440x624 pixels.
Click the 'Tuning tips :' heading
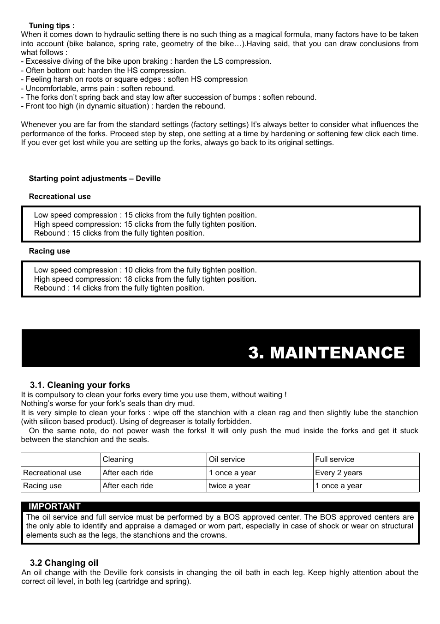pos(52,26)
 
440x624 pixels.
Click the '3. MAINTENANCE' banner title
pos(326,353)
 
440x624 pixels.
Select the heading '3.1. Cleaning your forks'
pos(80,385)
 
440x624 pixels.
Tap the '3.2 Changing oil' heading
pos(64,563)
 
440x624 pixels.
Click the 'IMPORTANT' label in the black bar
pos(54,507)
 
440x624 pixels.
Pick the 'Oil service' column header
pos(227,460)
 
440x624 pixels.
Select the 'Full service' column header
pos(334,460)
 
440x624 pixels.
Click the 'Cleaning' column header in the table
pos(118,460)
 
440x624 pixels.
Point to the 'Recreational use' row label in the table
pos(52,473)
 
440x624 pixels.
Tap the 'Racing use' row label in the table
pos(42,486)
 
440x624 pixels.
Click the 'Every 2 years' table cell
pos(339,473)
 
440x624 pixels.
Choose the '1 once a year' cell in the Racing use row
pos(339,486)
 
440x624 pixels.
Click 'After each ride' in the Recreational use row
pos(128,473)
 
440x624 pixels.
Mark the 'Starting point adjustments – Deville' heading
pos(95,179)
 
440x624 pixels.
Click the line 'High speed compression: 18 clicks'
pos(145,279)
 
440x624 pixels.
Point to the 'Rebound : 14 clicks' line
pos(119,288)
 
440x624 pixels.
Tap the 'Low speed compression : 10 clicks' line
pos(145,270)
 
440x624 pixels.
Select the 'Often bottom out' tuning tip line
pos(103,71)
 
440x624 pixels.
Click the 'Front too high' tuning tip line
pos(123,106)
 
